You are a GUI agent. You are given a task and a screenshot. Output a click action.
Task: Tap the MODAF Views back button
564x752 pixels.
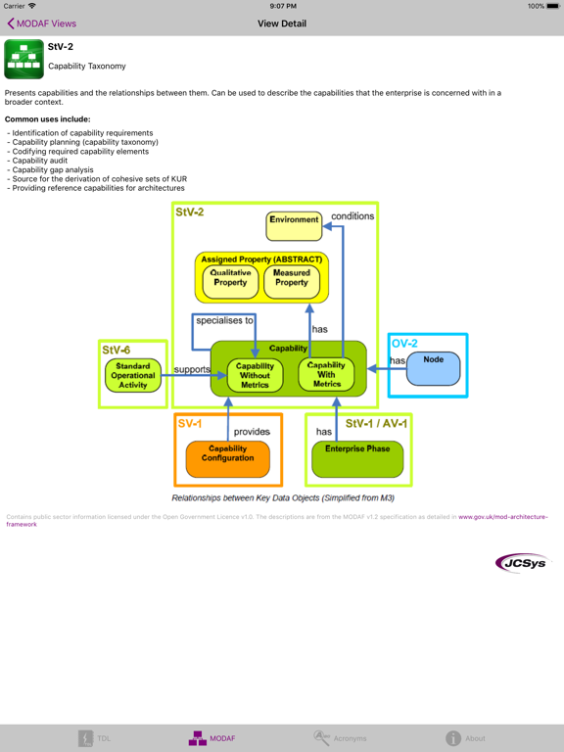pyautogui.click(x=41, y=23)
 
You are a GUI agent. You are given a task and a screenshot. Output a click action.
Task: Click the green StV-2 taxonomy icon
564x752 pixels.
pyautogui.click(x=23, y=59)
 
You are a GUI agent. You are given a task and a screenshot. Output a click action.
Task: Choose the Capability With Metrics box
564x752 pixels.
pyautogui.click(x=326, y=375)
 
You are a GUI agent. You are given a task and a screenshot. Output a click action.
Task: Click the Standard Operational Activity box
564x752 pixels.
pyautogui.click(x=133, y=376)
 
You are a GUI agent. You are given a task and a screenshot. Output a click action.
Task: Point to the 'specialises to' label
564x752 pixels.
pyautogui.click(x=224, y=320)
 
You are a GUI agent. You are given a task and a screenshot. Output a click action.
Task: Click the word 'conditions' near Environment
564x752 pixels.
pyautogui.click(x=352, y=216)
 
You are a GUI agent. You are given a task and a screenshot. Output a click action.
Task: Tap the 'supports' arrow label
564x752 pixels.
pyautogui.click(x=192, y=369)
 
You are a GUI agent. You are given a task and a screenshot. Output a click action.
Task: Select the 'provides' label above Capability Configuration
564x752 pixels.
pyautogui.click(x=252, y=432)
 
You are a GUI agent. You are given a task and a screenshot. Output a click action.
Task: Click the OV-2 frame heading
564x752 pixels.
pyautogui.click(x=404, y=344)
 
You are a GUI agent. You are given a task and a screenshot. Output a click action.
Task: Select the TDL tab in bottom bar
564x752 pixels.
pyautogui.click(x=95, y=738)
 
